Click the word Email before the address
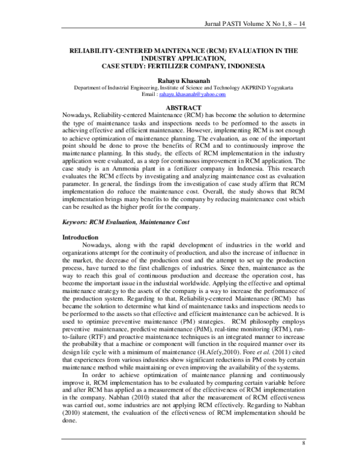coord(146,94)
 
